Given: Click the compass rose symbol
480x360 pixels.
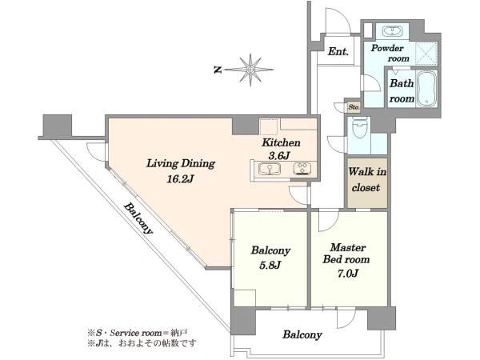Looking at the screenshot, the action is (250, 70).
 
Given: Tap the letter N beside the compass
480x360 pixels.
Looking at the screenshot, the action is (218, 70).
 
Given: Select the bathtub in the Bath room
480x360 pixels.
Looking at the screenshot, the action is (426, 89).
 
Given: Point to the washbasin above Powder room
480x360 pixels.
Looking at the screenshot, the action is (392, 31).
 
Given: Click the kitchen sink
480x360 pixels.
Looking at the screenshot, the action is (270, 169).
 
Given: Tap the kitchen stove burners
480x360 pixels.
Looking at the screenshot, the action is (302, 169).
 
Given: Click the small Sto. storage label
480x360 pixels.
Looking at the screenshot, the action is (354, 107).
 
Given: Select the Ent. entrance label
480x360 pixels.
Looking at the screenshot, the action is (338, 51).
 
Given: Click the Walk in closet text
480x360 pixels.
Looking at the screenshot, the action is (367, 179).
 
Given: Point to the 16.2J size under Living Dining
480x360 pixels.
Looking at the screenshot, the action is (180, 178).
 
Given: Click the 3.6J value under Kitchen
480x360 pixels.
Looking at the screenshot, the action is (279, 156).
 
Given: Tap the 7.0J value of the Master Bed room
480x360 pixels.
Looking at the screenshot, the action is (348, 273).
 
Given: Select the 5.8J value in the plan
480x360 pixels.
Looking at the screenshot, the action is (270, 265).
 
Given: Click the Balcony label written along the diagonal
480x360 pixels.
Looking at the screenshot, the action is (138, 218).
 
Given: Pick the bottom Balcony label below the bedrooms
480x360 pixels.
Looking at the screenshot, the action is (302, 334).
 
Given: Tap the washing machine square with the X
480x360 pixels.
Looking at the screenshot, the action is (426, 54).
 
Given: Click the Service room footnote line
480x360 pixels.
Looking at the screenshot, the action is (138, 333).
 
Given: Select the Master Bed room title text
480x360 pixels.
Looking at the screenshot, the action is (346, 254).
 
